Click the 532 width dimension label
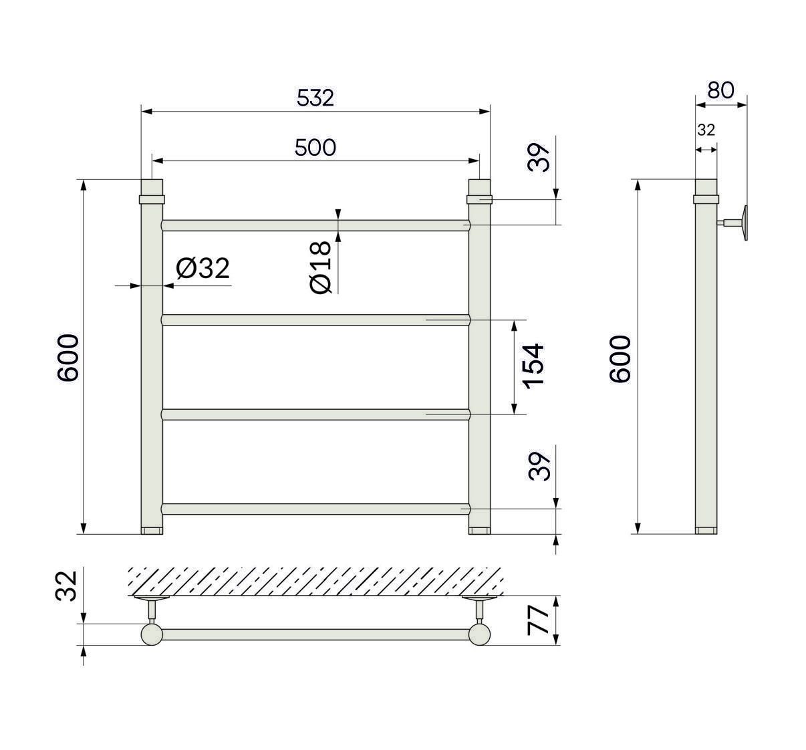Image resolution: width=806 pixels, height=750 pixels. [x=315, y=98]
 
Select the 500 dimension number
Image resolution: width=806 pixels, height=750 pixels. [x=315, y=148]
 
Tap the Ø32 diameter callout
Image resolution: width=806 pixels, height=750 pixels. [x=203, y=268]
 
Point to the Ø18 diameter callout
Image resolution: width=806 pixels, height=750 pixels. [x=321, y=267]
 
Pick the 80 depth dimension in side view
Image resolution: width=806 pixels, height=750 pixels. [x=720, y=90]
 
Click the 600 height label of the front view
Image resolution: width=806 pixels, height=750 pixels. [x=68, y=358]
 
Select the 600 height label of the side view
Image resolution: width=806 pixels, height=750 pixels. [x=620, y=359]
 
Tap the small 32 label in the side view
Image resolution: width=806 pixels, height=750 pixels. [x=706, y=130]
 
